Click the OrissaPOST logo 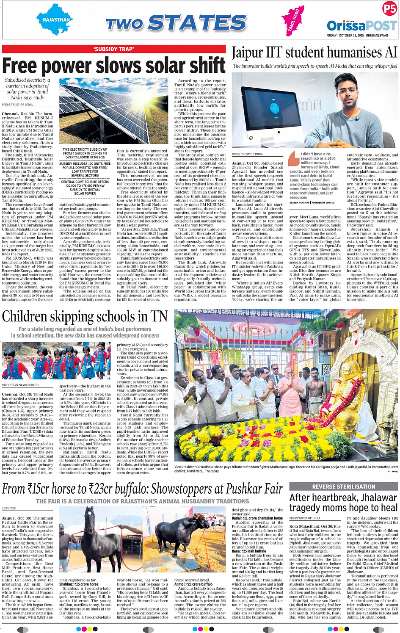click(x=361, y=25)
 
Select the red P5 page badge click(x=389, y=8)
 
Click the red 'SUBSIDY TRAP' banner click(x=114, y=49)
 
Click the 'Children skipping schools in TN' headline click(x=85, y=317)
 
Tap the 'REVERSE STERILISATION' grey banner click(x=343, y=486)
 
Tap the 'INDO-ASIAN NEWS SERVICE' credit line click(x=20, y=385)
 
